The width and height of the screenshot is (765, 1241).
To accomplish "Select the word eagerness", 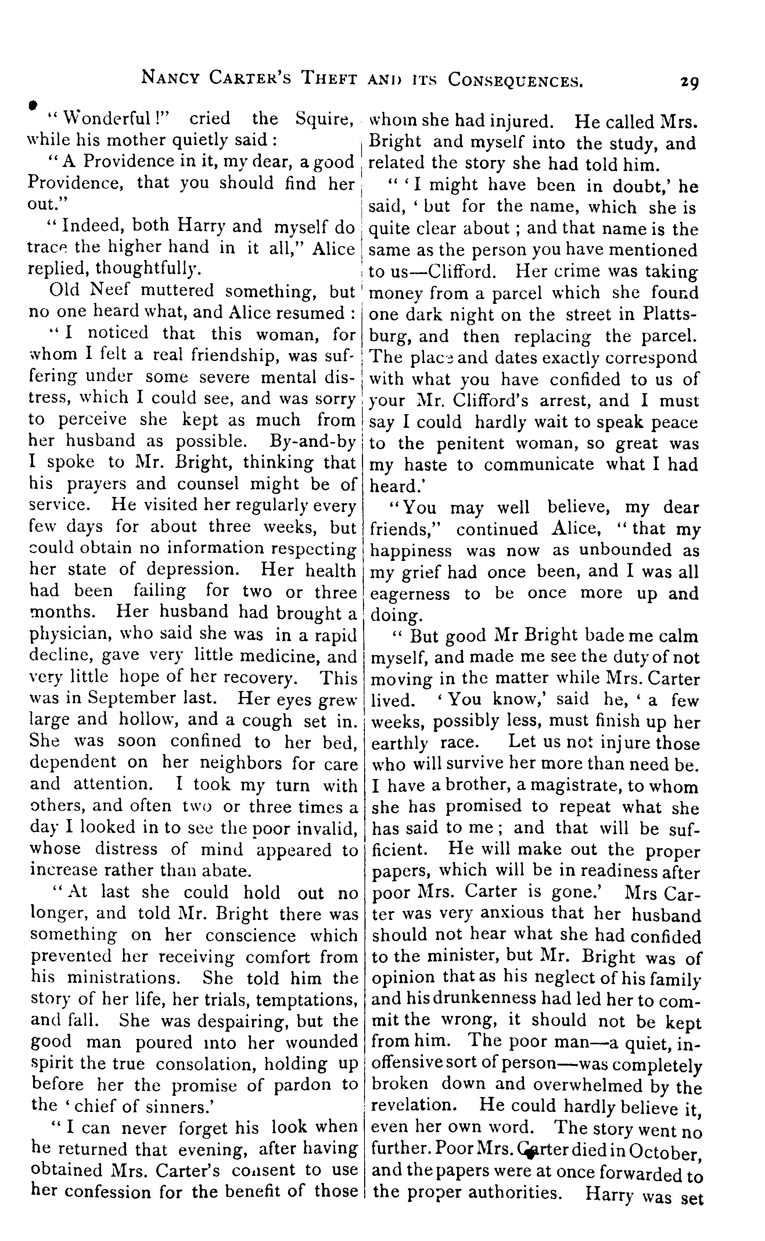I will click(x=410, y=593).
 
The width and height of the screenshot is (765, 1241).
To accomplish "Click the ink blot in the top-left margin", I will click(x=33, y=104).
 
